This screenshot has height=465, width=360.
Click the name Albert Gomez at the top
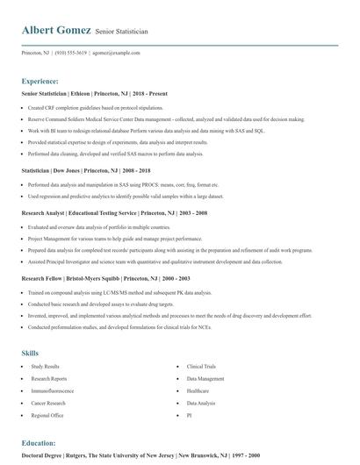click(x=56, y=30)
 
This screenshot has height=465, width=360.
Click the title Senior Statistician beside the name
click(x=122, y=32)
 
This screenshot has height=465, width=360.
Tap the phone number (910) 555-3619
click(x=71, y=53)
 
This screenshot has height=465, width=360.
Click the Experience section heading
click(x=40, y=79)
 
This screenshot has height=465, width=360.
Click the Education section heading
click(x=39, y=444)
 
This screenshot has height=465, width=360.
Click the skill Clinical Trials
click(x=201, y=366)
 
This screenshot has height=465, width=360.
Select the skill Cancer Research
click(x=48, y=403)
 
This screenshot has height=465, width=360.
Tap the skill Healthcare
click(x=198, y=390)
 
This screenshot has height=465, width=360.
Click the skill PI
click(x=189, y=415)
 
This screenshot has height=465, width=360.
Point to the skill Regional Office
click(x=47, y=415)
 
